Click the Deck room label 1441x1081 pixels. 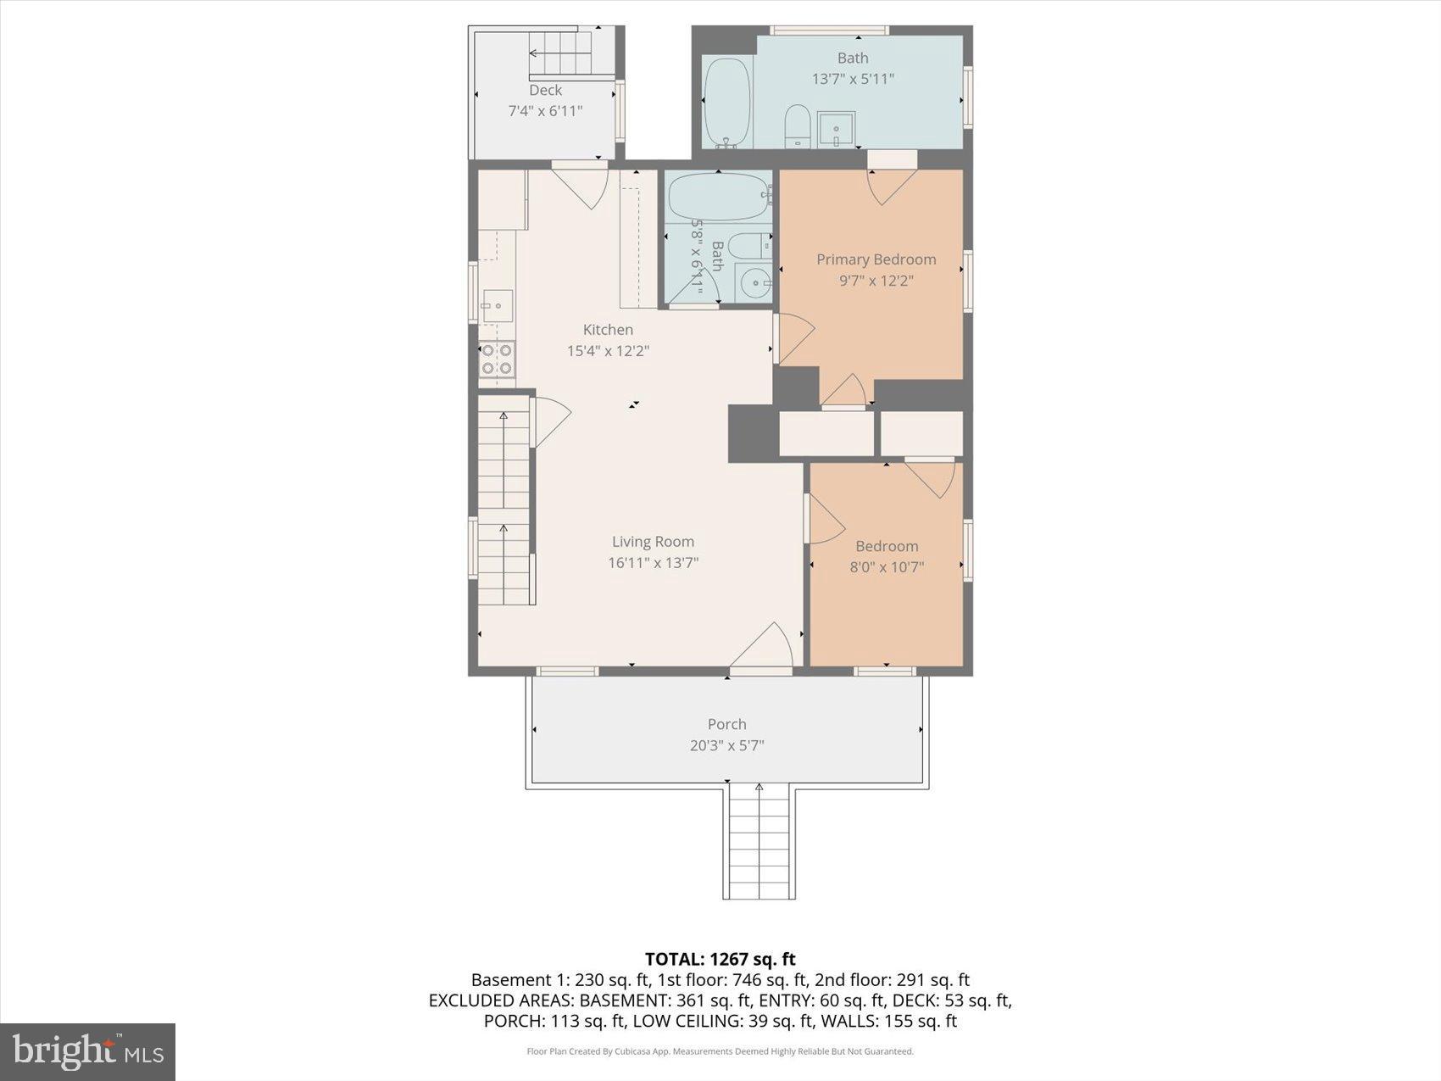tap(545, 90)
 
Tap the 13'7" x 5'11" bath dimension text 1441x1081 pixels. tap(853, 79)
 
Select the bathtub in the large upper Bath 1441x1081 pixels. tap(727, 102)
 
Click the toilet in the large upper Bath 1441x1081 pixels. tap(797, 125)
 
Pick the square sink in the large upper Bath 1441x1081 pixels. tap(836, 130)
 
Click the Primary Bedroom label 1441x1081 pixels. tap(876, 259)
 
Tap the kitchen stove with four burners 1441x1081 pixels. tap(497, 359)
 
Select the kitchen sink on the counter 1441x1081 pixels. tap(498, 305)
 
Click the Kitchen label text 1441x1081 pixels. tap(608, 330)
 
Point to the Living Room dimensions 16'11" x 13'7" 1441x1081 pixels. tap(653, 562)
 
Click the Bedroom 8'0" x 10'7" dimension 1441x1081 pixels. tap(887, 567)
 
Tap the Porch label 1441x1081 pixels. tap(726, 724)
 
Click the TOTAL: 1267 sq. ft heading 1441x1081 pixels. tap(720, 959)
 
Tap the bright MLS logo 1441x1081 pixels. tap(87, 1051)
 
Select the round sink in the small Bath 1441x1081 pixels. tap(753, 282)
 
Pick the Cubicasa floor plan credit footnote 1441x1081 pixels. tap(720, 1051)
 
